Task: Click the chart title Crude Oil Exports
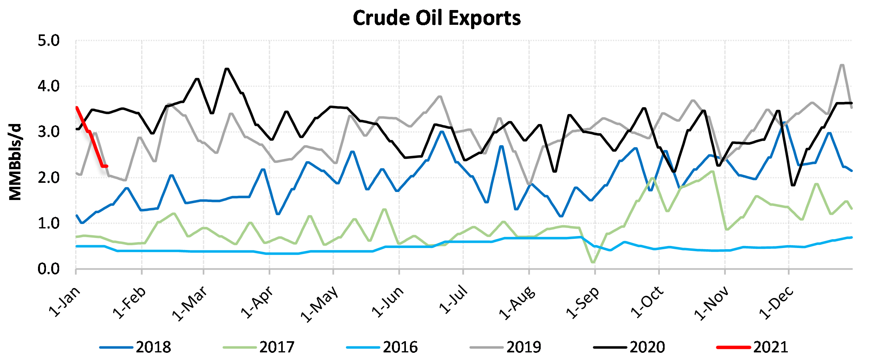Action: point(437,18)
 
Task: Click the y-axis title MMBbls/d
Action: point(15,162)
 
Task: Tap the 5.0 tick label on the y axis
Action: point(48,41)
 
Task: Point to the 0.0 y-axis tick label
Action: point(48,269)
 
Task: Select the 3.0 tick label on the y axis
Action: point(48,132)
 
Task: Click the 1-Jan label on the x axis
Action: point(65,302)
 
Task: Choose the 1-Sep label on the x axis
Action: point(583,303)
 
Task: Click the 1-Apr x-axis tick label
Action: point(258,303)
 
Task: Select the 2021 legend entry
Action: point(770,347)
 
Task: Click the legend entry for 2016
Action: point(400,347)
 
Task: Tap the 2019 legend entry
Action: point(523,347)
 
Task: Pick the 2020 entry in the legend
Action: point(647,347)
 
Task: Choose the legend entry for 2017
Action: point(276,347)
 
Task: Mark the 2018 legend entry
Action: point(153,347)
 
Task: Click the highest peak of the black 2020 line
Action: point(227,69)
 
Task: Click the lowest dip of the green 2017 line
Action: point(593,262)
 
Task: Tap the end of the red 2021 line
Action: point(107,166)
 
